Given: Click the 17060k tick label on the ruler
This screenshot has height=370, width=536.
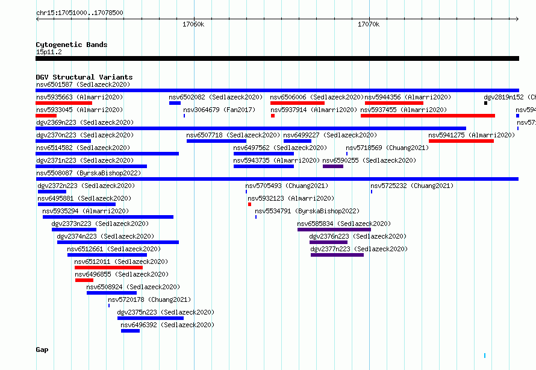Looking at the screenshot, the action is click(193, 24).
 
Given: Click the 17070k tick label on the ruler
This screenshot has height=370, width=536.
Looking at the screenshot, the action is click(369, 24).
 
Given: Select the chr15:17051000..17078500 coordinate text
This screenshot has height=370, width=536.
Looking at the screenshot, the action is click(79, 13).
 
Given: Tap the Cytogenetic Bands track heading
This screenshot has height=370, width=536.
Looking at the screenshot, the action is click(72, 45).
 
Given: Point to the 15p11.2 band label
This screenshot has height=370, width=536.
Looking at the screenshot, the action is click(49, 52).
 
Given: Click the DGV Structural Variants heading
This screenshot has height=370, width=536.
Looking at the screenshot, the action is click(84, 77).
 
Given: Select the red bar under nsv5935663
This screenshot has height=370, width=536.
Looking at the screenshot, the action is click(64, 103).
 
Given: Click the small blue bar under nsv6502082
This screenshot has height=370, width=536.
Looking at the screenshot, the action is click(175, 103).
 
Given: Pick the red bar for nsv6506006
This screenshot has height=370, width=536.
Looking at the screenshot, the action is click(298, 103).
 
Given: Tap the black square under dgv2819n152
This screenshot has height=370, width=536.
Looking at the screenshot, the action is click(486, 103).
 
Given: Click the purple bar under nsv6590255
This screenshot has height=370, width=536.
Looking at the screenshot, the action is click(333, 166).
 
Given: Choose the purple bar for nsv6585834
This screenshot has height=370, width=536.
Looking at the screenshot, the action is click(334, 230).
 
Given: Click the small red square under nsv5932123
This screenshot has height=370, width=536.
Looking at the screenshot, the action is click(249, 204).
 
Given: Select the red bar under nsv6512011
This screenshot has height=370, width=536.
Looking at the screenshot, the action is click(108, 268).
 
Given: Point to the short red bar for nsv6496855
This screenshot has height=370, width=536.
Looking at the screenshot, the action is click(84, 280).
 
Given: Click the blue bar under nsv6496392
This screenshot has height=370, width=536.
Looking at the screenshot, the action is click(130, 331).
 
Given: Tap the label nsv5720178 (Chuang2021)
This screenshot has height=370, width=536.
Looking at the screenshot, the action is click(149, 299).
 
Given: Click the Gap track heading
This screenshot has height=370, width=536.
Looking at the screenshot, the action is click(42, 350).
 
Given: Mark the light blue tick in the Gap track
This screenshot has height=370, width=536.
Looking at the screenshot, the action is click(485, 356).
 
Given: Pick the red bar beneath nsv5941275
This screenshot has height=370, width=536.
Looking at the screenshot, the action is click(461, 141).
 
